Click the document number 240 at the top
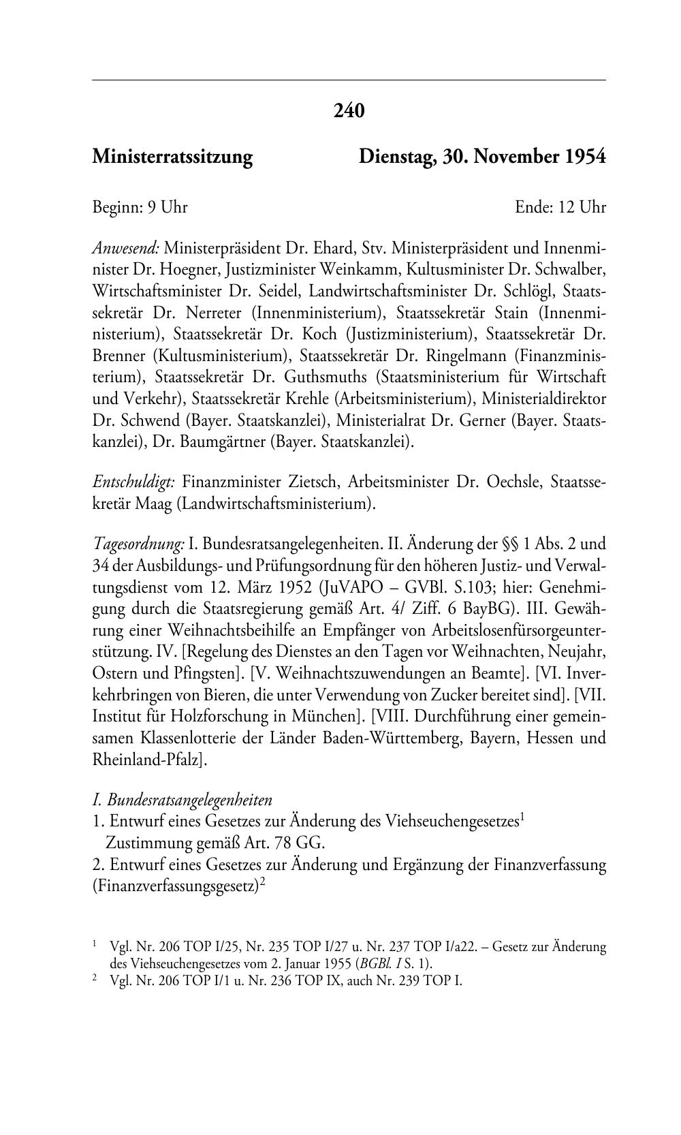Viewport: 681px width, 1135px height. (349, 110)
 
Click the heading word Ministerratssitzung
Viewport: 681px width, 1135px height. (172, 157)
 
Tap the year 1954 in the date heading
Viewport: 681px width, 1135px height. (584, 157)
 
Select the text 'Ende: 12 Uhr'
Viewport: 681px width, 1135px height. (560, 207)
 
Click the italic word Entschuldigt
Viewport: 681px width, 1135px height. (134, 482)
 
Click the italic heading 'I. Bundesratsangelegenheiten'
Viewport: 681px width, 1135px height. (182, 800)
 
